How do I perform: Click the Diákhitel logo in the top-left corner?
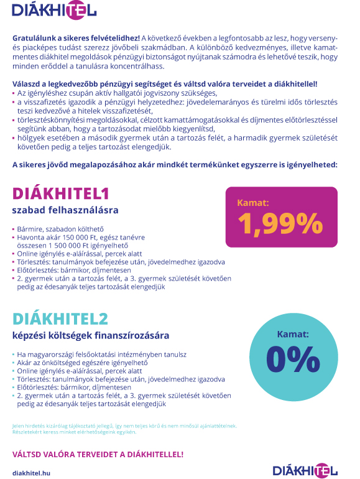tap(54, 10)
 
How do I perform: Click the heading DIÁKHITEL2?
tap(60, 319)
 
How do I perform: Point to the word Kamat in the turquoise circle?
tap(292, 334)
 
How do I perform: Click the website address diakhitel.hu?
tap(31, 473)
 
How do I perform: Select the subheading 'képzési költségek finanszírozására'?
tap(91, 336)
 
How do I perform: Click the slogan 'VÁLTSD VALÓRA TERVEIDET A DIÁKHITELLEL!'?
tap(98, 454)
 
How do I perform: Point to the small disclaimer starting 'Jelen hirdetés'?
tap(124, 426)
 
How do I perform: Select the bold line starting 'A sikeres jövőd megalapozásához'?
tap(175, 165)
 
